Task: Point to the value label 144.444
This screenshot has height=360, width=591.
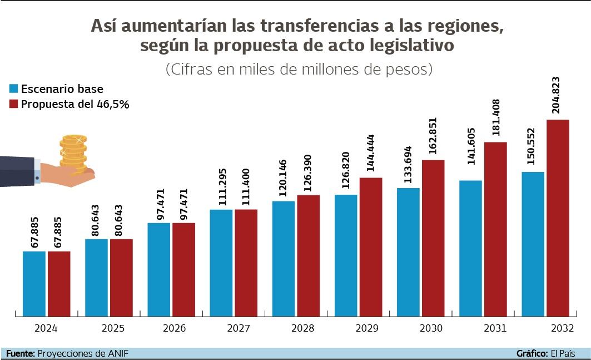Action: click(370, 154)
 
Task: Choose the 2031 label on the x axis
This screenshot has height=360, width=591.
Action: click(495, 328)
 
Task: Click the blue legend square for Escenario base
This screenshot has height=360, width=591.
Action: click(14, 89)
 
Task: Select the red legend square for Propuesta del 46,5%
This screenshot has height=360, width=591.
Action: click(14, 104)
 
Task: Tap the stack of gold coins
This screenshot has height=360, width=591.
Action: click(74, 151)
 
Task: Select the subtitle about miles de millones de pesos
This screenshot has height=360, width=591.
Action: click(299, 70)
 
